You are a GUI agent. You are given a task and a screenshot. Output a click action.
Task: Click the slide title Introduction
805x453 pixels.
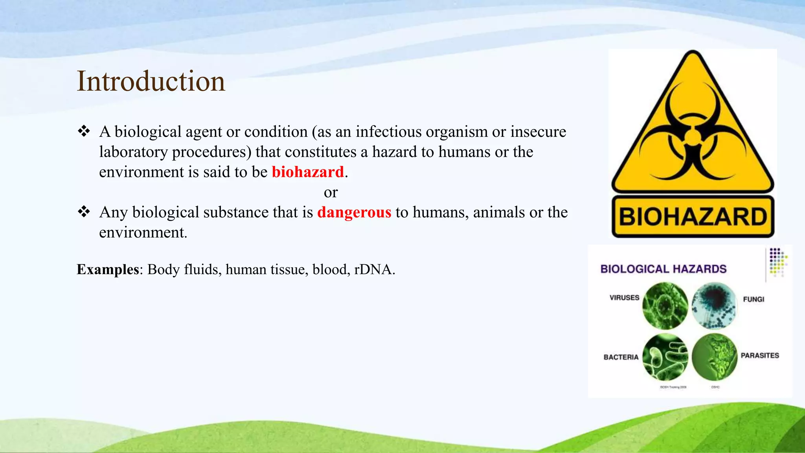151,81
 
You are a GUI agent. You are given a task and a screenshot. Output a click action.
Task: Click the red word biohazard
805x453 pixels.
307,172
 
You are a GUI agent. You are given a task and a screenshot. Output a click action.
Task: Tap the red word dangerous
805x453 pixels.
354,212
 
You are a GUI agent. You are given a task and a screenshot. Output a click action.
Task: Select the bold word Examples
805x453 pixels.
108,269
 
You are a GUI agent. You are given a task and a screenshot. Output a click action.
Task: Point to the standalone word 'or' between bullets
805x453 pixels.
331,192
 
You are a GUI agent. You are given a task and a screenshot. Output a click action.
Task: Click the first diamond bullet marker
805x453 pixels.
84,131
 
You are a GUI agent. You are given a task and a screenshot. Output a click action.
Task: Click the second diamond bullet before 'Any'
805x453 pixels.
84,212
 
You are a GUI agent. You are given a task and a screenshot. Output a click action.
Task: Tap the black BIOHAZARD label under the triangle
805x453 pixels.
693,217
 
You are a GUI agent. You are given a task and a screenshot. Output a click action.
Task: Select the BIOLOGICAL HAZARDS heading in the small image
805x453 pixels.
663,269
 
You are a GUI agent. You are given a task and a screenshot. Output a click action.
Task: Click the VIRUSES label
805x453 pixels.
624,298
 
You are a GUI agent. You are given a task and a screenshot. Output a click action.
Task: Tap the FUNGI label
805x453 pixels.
754,299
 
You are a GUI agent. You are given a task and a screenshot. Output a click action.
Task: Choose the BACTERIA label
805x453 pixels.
621,357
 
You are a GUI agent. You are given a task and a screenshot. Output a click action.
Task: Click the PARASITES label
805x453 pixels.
759,355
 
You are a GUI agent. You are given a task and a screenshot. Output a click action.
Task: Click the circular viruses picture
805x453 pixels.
665,306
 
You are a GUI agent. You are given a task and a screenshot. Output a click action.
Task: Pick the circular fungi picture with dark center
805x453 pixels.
714,305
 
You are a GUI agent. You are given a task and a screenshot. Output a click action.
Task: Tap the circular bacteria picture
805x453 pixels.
665,357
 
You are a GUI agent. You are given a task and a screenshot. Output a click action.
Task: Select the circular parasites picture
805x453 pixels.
714,357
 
